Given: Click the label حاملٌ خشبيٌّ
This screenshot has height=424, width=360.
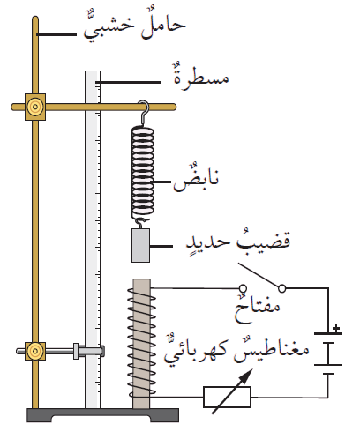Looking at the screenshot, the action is [x=135, y=26].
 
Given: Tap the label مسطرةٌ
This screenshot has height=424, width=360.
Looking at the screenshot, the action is [x=201, y=77].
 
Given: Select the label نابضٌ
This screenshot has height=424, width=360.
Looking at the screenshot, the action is [x=196, y=178].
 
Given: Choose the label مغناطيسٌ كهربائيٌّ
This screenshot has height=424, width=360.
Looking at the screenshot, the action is [x=236, y=349].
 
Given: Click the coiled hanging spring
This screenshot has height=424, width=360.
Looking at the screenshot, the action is [x=143, y=173].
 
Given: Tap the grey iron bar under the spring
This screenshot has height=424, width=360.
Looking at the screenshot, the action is [x=140, y=245].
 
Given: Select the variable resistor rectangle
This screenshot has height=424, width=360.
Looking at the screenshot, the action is [x=227, y=398].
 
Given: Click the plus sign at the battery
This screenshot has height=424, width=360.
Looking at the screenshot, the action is [x=336, y=329].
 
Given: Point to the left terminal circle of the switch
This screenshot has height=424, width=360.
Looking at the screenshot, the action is [x=243, y=288].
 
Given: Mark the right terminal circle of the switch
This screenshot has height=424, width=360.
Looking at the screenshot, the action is [x=281, y=288].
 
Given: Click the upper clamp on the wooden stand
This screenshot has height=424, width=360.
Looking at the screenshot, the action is [x=35, y=107].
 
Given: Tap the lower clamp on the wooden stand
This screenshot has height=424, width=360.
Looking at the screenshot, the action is [x=35, y=351].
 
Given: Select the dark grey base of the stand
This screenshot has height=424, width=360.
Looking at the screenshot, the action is [x=102, y=415].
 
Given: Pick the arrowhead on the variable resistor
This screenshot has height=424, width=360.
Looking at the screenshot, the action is [x=246, y=375].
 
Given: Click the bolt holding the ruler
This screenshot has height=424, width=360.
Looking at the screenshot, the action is [x=89, y=351].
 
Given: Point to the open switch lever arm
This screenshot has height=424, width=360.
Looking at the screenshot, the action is [x=258, y=275].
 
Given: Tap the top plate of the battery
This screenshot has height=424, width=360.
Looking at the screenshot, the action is [x=328, y=334].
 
